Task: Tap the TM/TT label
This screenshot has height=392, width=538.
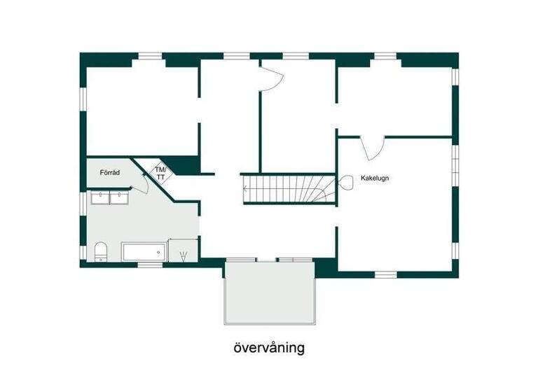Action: coord(160,174)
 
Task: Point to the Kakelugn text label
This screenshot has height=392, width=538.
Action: coord(375,178)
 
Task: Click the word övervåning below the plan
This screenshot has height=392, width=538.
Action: coord(268,348)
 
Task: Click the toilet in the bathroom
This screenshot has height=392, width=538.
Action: coord(99,251)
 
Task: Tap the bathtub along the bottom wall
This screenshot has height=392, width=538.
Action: coord(144,251)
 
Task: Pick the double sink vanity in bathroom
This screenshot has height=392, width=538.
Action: coord(110,198)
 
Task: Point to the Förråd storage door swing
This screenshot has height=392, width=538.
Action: coord(140,184)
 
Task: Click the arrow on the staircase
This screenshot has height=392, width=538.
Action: coord(246,188)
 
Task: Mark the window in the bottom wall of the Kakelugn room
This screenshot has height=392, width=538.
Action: coord(385,274)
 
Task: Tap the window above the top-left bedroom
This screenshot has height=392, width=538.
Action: coord(148,56)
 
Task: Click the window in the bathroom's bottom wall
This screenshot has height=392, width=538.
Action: coord(148,265)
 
